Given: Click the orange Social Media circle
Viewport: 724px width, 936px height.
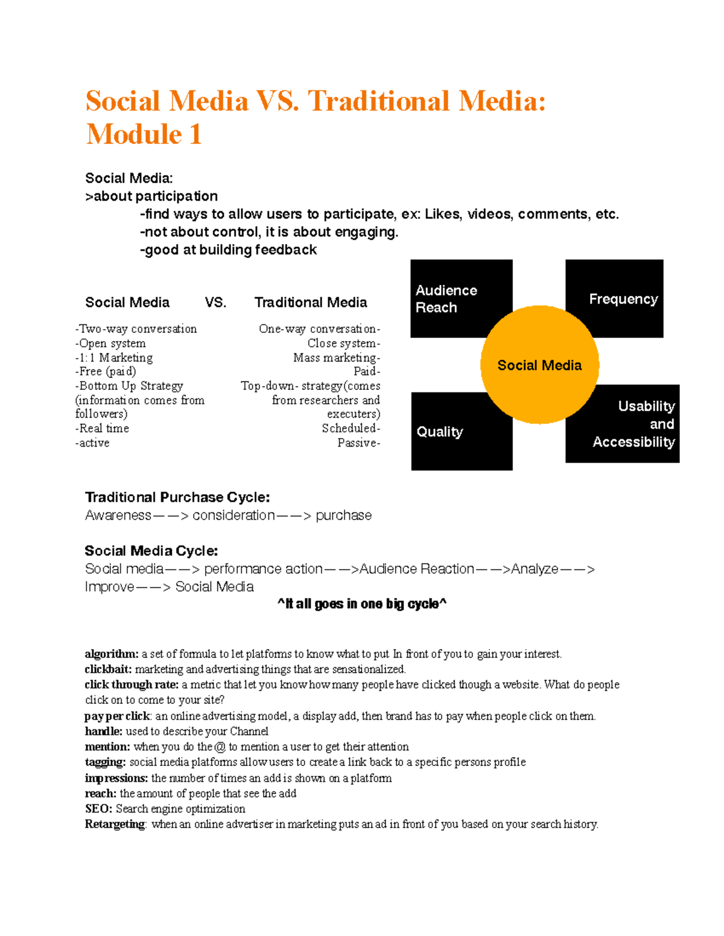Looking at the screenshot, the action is coord(539,365).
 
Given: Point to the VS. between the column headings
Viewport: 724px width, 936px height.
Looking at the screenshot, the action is coord(215,303).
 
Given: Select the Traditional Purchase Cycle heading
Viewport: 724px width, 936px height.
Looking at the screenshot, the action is coord(177,497).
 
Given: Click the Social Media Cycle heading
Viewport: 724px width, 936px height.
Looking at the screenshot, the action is coord(151,551).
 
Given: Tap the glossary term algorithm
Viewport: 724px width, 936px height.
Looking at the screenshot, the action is coord(112,654).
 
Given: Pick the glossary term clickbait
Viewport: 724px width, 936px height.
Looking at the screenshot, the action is coord(108,669).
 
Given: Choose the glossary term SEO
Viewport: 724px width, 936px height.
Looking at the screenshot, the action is coord(98,809).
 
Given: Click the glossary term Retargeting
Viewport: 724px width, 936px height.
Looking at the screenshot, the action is coord(115,824).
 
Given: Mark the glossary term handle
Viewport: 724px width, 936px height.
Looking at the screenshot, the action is coord(103,731).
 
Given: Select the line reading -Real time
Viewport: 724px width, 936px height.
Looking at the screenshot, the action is coord(102,429).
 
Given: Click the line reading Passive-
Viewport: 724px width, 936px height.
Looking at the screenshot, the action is coord(358,443).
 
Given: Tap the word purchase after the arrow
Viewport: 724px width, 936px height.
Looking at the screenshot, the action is coord(343,515).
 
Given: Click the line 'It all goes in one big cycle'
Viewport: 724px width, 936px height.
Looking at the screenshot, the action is coord(362,604).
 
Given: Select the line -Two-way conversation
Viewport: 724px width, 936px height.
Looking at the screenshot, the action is coord(136,329).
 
